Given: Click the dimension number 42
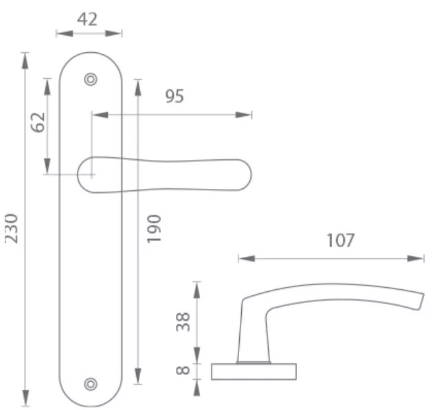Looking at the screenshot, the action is click(87, 19).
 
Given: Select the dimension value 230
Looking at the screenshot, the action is click(12, 229).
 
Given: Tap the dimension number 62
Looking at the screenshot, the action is click(38, 122).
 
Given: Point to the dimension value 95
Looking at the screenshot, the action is click(175, 96).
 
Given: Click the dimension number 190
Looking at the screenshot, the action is click(154, 229).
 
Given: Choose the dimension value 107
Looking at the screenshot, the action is click(340, 240).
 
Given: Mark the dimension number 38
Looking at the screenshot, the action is click(183, 322).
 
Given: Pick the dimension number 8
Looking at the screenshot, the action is click(183, 370).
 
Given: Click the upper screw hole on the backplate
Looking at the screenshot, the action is click(91, 80).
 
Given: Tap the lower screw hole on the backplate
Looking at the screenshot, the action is click(91, 384).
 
